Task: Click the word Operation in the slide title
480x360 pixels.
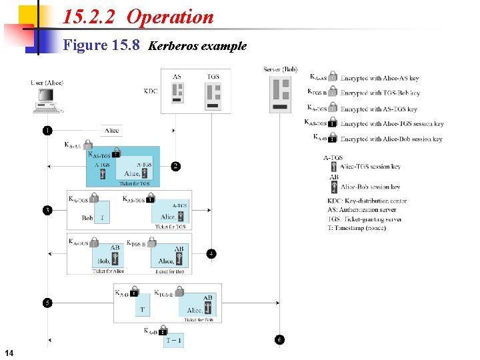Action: pos(170,17)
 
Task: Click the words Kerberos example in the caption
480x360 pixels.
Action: pos(197,46)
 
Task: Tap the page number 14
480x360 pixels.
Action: pos(8,352)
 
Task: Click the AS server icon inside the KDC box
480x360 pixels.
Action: pos(177,93)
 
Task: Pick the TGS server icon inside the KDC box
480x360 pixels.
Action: pos(213,93)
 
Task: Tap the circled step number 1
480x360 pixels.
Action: pos(47,130)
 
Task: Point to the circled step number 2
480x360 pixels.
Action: pos(176,166)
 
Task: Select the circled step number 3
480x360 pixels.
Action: pos(47,211)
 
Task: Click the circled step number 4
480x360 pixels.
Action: pos(211,253)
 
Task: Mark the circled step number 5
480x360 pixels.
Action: pos(47,303)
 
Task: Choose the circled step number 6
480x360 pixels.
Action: pos(279,339)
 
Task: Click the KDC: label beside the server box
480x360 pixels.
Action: pos(151,91)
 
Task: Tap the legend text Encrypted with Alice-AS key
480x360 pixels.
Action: pos(379,78)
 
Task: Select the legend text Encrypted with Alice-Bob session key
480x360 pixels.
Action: pos(391,139)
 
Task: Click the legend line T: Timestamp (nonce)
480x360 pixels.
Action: pos(357,227)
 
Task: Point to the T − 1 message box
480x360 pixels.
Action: pos(174,341)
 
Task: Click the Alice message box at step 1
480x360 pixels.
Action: pos(112,130)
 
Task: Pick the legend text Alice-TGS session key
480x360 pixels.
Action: pos(370,167)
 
